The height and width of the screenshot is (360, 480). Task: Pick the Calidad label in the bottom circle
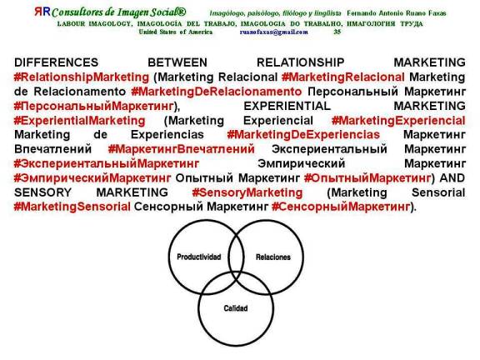pyautogui.click(x=235, y=307)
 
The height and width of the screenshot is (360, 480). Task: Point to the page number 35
pyautogui.click(x=337, y=31)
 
